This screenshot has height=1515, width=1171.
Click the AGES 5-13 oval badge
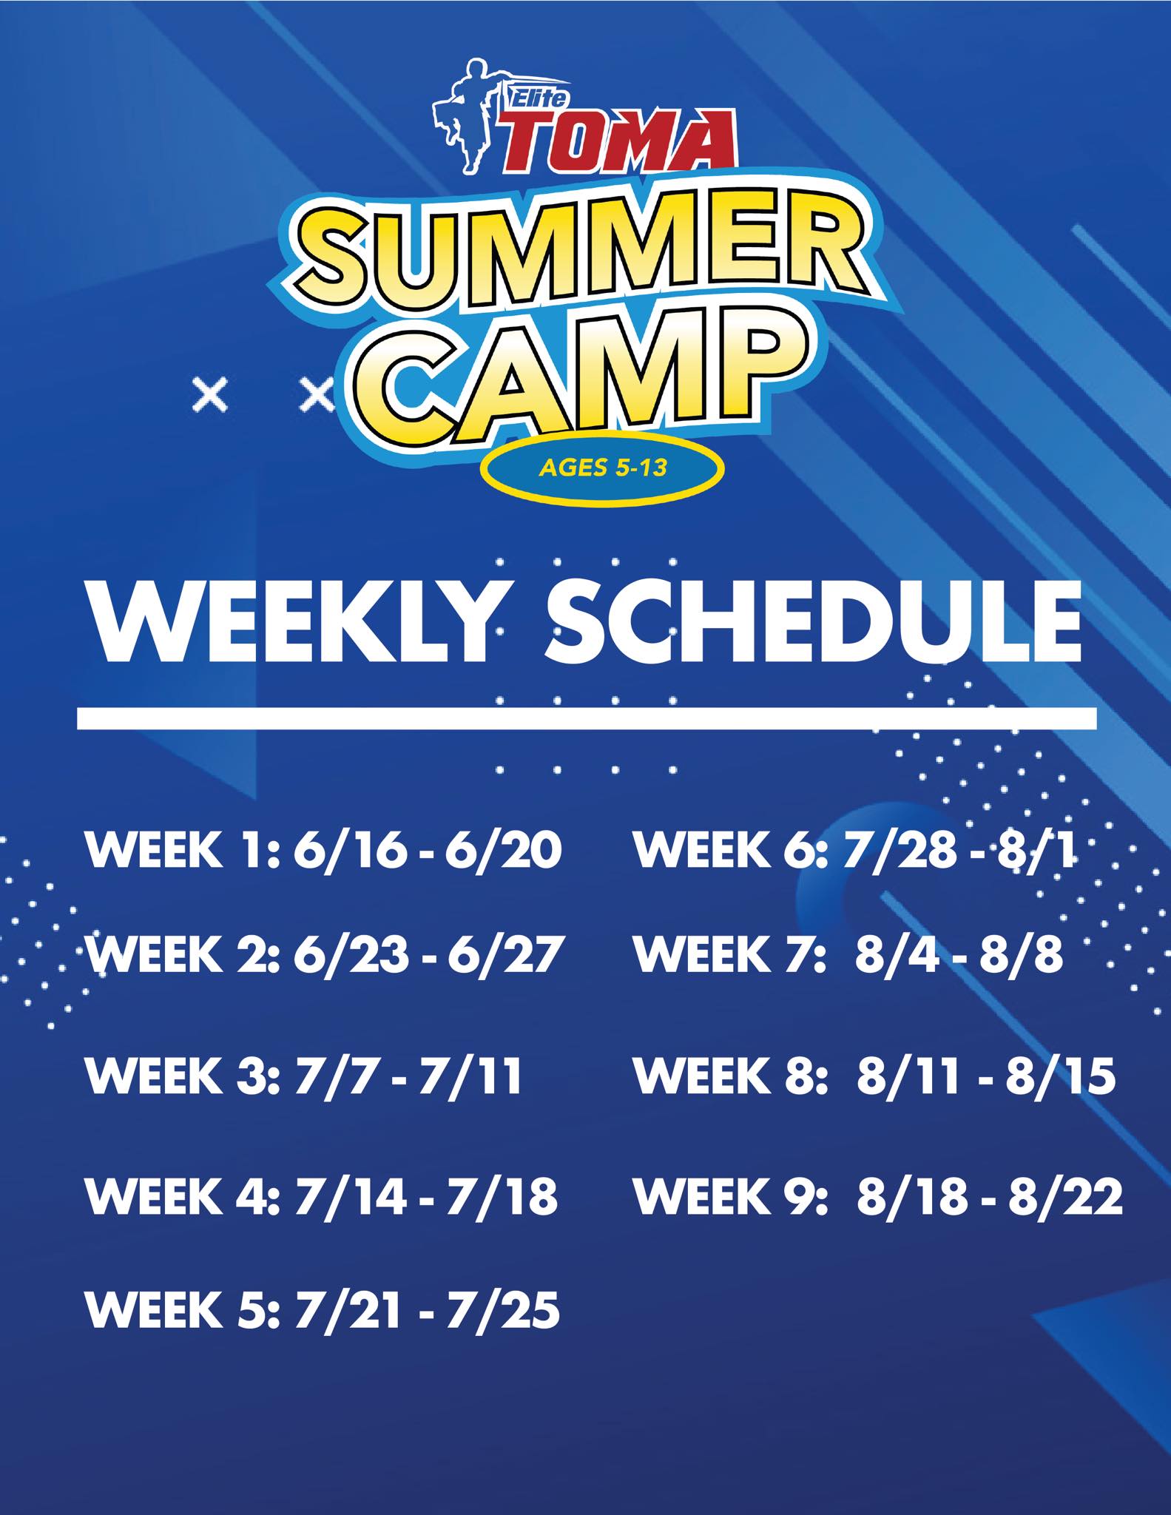pos(601,469)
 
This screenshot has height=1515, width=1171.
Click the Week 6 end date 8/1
pos(1036,853)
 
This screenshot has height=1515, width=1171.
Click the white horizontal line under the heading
pos(587,718)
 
